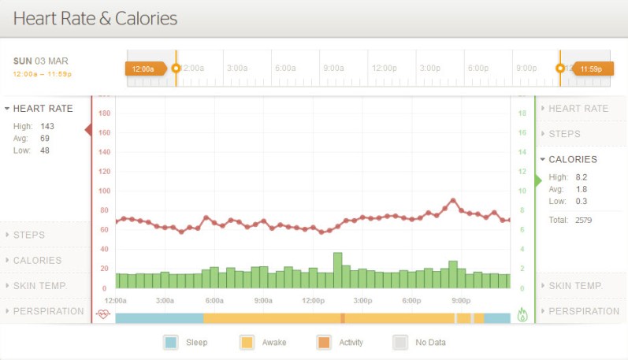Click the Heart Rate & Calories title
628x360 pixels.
[x=95, y=18]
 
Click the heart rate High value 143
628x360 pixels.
[x=47, y=125]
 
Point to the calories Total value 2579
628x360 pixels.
[x=584, y=220]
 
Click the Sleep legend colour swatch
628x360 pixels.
[x=171, y=343]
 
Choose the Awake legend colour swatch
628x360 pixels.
[x=247, y=343]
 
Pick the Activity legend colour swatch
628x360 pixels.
[x=324, y=343]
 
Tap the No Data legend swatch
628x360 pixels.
[x=400, y=343]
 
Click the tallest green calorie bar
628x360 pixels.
[x=337, y=270]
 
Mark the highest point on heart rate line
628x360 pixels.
[x=453, y=200]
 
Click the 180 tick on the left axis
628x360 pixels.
[x=104, y=113]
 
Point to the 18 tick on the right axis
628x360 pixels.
[x=522, y=113]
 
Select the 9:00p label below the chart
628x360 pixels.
[x=461, y=301]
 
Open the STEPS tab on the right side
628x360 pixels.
[x=575, y=134]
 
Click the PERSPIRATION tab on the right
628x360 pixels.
[x=583, y=311]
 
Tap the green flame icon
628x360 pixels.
[x=522, y=314]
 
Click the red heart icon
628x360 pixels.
[x=103, y=314]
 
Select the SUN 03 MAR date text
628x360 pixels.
[x=41, y=61]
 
